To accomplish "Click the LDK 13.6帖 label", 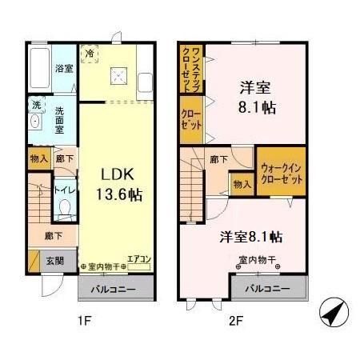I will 120,183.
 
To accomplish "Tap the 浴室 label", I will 65,68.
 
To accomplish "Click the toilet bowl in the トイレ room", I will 66,211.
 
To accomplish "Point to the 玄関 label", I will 54,259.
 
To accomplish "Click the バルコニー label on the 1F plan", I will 111,287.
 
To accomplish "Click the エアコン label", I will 139,259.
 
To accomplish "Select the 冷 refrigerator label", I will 90,54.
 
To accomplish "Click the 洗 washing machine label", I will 37,105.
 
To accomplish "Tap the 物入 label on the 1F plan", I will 38,158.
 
